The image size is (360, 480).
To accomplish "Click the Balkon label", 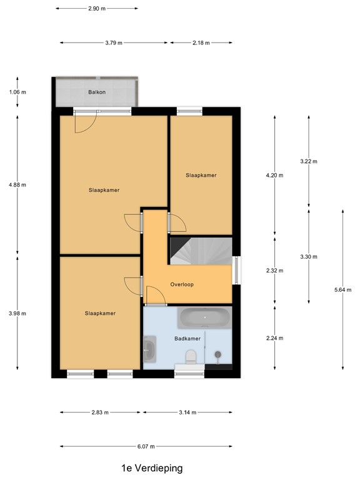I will pyautogui.click(x=96, y=92).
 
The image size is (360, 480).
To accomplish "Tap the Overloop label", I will pyautogui.click(x=182, y=284).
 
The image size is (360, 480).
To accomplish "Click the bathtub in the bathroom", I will pyautogui.click(x=204, y=319).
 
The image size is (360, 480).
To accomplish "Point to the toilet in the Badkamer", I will pyautogui.click(x=192, y=356).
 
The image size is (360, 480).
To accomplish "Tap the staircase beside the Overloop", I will pyautogui.click(x=200, y=252).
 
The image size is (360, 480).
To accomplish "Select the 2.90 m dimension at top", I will pyautogui.click(x=97, y=9).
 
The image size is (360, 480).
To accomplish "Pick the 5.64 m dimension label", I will pyautogui.click(x=342, y=289).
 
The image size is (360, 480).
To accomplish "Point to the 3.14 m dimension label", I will pyautogui.click(x=187, y=412).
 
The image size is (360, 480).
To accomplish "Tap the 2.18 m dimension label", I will pyautogui.click(x=201, y=42).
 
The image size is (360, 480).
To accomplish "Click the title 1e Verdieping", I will pyautogui.click(x=152, y=467).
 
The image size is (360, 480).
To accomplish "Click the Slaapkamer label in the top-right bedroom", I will pyautogui.click(x=201, y=176).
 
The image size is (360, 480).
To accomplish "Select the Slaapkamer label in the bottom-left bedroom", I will pyautogui.click(x=100, y=313).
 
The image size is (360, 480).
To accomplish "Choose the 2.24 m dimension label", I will pyautogui.click(x=274, y=338).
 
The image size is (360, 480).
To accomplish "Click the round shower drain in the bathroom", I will pyautogui.click(x=217, y=354).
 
